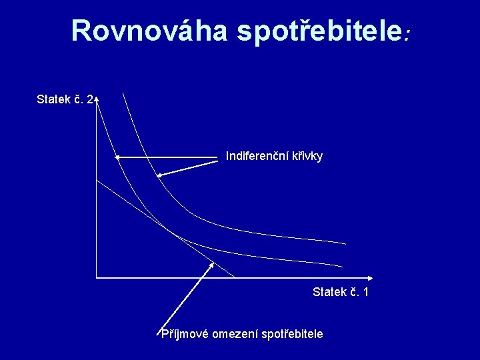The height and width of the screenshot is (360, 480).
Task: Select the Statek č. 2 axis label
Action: [65, 100]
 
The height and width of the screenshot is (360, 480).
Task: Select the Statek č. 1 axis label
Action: [341, 292]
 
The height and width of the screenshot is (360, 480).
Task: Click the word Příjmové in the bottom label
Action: [184, 333]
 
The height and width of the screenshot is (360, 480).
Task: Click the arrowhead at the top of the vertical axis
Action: [97, 99]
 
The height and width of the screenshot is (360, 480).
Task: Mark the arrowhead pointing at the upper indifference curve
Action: [159, 175]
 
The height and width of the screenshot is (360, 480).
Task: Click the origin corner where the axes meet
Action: [97, 277]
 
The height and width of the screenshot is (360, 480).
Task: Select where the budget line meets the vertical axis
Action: [97, 180]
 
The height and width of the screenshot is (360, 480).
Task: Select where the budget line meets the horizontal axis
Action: [235, 277]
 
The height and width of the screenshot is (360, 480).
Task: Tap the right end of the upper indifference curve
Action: [345, 243]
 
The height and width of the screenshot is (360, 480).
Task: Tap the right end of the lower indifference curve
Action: [342, 266]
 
